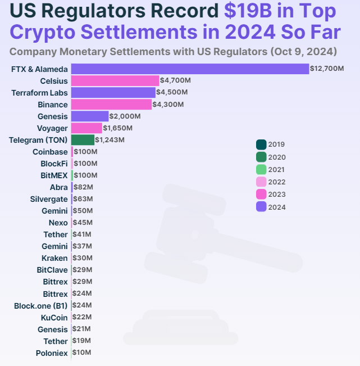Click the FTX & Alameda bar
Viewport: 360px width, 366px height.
pos(190,69)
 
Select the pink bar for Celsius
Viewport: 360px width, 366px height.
pos(115,81)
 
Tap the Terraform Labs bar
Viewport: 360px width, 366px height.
pos(113,93)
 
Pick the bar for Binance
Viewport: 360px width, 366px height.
pos(111,105)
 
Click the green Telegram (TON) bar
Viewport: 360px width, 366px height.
pos(83,139)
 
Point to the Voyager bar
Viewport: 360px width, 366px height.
pos(86,128)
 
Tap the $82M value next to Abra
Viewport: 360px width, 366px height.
pos(84,187)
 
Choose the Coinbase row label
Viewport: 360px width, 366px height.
pos(50,152)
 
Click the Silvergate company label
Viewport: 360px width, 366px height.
pos(49,199)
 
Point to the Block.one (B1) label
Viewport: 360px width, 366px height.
pos(41,306)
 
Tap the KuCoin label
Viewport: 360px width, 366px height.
pos(54,318)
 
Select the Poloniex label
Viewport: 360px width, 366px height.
pos(51,353)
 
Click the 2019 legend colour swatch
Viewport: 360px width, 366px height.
pos(261,144)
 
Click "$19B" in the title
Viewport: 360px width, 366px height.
pos(248,11)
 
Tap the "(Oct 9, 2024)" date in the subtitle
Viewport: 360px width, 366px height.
pos(304,52)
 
